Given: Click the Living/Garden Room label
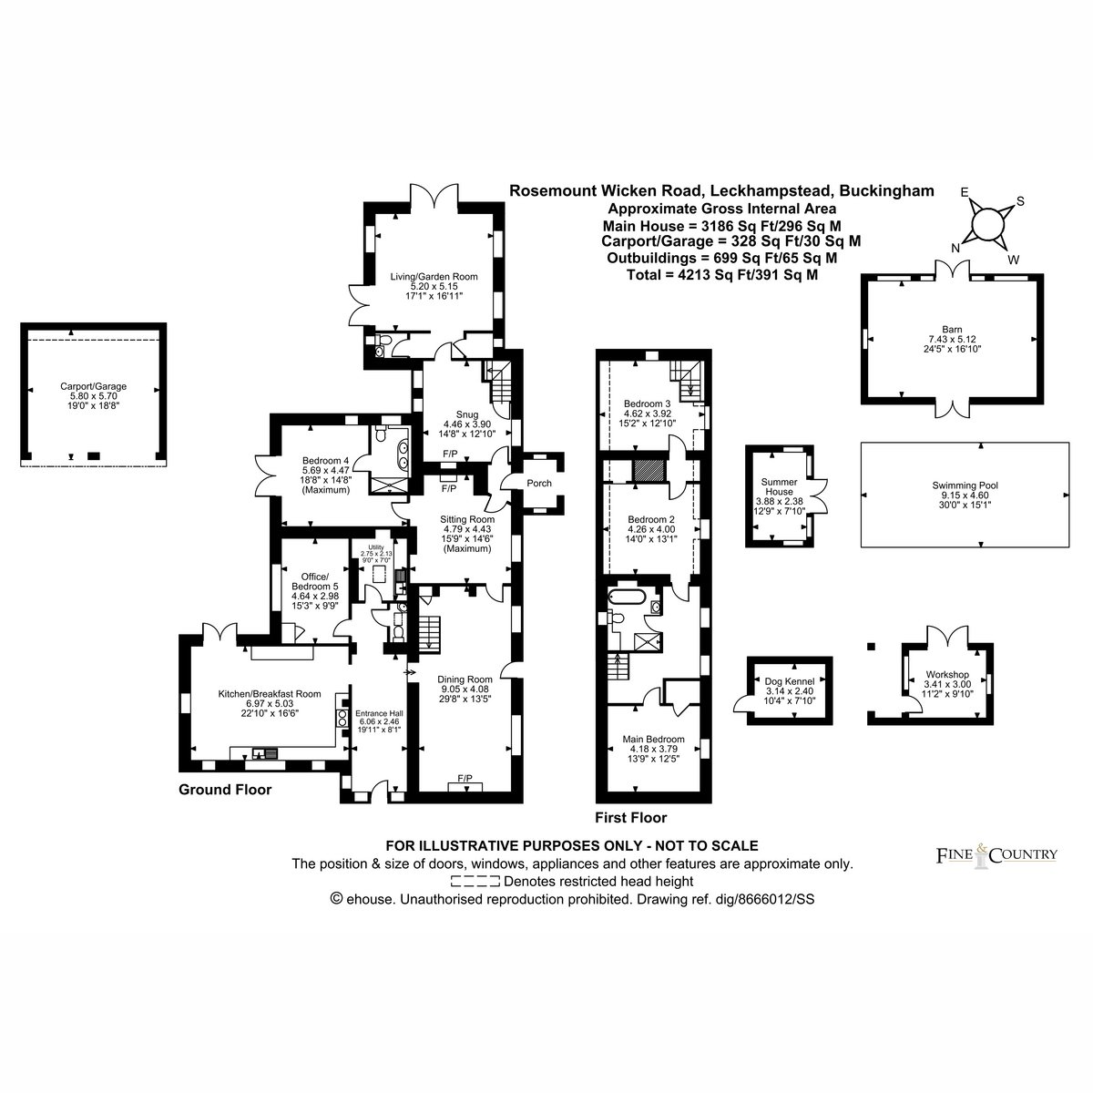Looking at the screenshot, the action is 434,277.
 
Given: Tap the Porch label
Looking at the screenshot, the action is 539,484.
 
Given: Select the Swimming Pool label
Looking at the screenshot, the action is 965,485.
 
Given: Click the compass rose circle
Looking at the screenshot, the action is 987,225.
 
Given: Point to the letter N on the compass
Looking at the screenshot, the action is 955,248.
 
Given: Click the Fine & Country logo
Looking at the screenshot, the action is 996,854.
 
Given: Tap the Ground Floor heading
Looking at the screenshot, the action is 225,790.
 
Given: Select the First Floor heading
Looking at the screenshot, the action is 630,817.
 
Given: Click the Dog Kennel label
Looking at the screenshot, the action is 790,681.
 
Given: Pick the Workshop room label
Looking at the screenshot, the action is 947,674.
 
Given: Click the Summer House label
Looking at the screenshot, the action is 779,486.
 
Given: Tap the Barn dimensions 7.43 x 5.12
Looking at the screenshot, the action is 953,339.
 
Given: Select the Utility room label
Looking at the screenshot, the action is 376,546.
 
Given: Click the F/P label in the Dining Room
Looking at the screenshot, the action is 465,778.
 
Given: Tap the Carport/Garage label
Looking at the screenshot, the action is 93,386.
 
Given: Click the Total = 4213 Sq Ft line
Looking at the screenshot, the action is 722,275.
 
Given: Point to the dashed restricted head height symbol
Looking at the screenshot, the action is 475,882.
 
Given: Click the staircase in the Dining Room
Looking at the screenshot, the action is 429,632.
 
